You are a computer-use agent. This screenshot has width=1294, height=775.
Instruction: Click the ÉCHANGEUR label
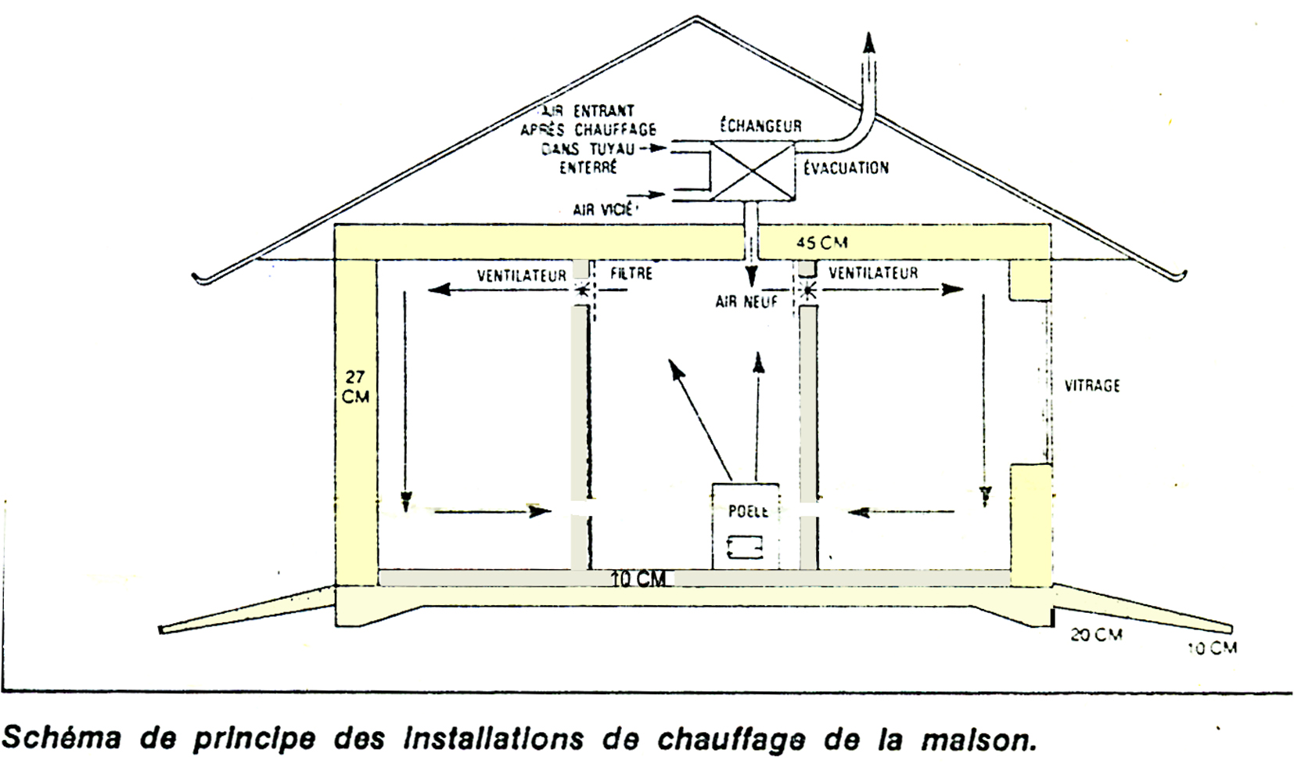pos(760,126)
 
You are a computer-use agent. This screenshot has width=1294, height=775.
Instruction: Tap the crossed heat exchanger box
pos(751,171)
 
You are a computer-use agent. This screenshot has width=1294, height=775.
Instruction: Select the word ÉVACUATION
pos(846,168)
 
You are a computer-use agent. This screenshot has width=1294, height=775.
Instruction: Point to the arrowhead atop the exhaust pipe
pos(868,43)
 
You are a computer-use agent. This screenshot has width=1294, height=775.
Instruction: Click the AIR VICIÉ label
pos(606,209)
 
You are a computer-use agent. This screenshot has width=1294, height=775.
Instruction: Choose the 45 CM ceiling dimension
pos(821,243)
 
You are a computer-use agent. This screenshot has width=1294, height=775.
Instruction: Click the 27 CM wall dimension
pos(355,387)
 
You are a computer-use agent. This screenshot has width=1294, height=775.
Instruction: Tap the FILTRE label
pos(631,274)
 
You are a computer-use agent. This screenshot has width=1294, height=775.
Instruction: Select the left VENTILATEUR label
pos(522,276)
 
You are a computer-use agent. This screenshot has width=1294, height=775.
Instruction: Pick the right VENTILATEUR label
pos(873,273)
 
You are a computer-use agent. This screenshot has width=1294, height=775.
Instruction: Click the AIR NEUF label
pos(746,301)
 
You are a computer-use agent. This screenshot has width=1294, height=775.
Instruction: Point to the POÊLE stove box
pos(746,526)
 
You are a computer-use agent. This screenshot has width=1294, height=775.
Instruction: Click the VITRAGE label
pos(1092,386)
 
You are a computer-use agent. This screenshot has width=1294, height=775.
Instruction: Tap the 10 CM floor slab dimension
pos(639,579)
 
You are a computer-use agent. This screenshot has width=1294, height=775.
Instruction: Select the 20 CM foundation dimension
pos(1096,634)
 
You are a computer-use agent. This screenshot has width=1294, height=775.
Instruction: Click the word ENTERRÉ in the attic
pos(588,168)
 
